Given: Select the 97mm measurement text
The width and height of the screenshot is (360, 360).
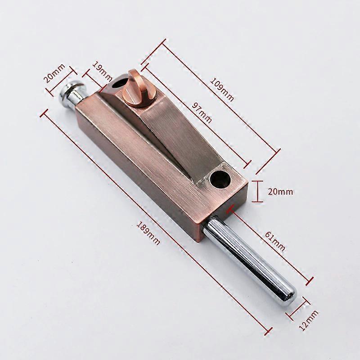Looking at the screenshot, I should [x=201, y=112].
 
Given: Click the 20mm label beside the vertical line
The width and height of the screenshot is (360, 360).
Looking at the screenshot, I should [x=280, y=192].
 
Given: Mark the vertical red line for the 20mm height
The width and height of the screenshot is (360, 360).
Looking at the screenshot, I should [x=258, y=192].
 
